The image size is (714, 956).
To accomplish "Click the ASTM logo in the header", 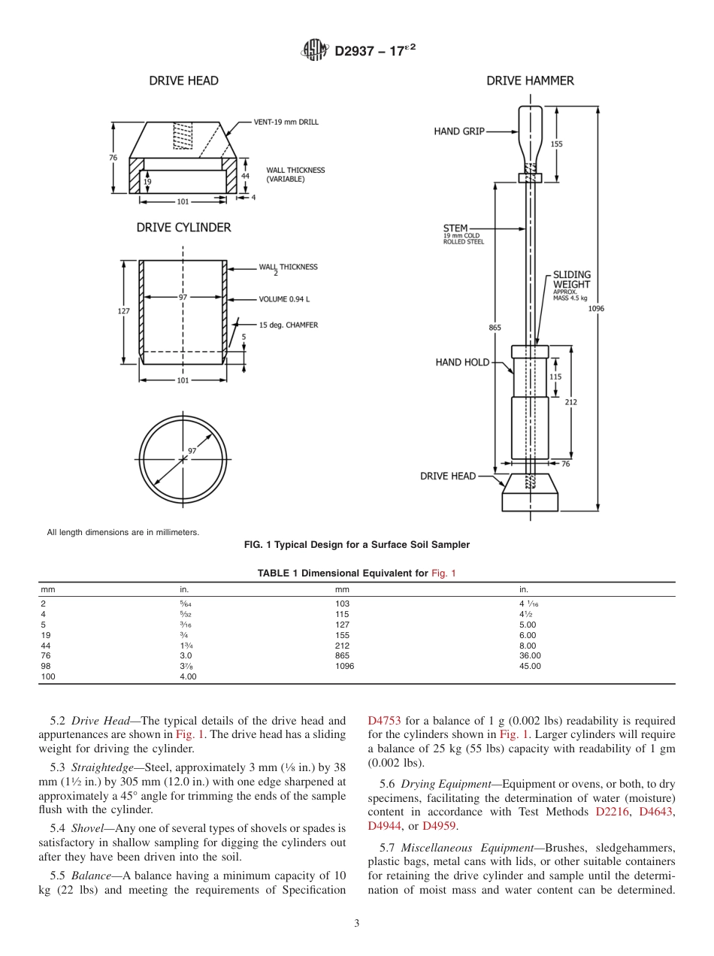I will (314, 50).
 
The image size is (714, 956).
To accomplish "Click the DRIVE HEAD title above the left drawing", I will (183, 80).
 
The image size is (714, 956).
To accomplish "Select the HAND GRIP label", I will (458, 132).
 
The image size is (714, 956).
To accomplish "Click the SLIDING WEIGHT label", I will (572, 280).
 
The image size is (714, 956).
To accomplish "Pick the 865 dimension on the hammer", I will (495, 327).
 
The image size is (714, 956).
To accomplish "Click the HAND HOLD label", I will (462, 362).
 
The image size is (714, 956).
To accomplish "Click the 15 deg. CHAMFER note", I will (288, 325).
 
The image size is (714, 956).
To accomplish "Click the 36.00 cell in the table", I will (530, 655).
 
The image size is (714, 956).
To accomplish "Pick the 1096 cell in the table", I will (344, 666).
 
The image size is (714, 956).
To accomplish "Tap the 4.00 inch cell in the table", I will (187, 676).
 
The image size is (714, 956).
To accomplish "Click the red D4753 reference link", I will (384, 721).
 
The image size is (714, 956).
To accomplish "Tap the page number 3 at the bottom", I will (357, 924).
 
